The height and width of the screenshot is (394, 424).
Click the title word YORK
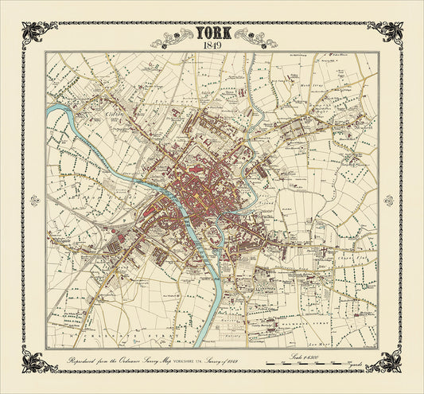(212, 34)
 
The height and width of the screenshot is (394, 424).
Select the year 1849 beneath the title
(212, 45)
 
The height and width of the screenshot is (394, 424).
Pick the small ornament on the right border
(389, 199)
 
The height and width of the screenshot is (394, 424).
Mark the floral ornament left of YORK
(173, 35)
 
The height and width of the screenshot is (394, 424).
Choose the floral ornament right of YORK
(250, 35)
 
